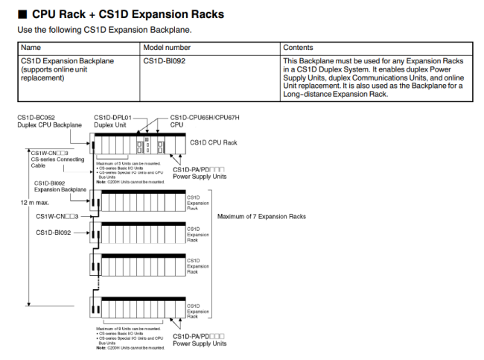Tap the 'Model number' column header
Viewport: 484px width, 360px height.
coord(168,47)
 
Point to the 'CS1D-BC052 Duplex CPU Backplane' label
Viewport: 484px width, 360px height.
coord(45,121)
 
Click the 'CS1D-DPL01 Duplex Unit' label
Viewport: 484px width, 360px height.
coord(112,121)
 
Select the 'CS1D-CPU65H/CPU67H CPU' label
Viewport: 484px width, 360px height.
coord(205,121)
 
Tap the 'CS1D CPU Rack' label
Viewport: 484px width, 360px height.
coord(214,142)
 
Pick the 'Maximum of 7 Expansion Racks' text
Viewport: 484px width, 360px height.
coord(261,217)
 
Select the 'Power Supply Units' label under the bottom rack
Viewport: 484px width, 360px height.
coord(200,340)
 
